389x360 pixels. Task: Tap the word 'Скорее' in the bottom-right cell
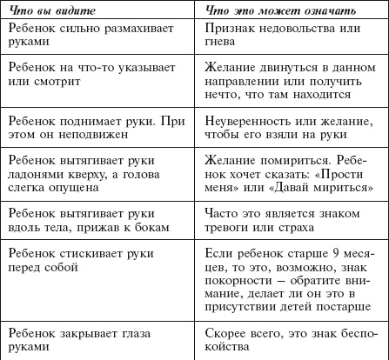[227, 331]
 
